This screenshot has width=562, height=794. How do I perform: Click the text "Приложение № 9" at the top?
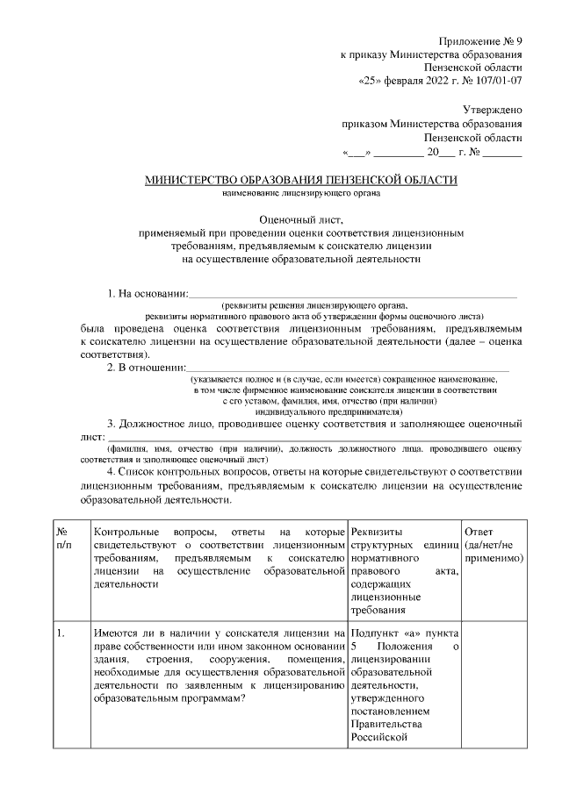click(481, 40)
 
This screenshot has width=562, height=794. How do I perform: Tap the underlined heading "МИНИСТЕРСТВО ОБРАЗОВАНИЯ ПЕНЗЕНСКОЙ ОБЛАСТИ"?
click(301, 181)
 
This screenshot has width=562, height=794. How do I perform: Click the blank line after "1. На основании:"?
click(351, 294)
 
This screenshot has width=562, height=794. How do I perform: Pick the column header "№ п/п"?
click(63, 539)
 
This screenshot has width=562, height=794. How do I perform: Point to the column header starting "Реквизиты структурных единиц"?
click(403, 570)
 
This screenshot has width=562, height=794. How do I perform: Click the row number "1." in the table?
click(61, 633)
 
